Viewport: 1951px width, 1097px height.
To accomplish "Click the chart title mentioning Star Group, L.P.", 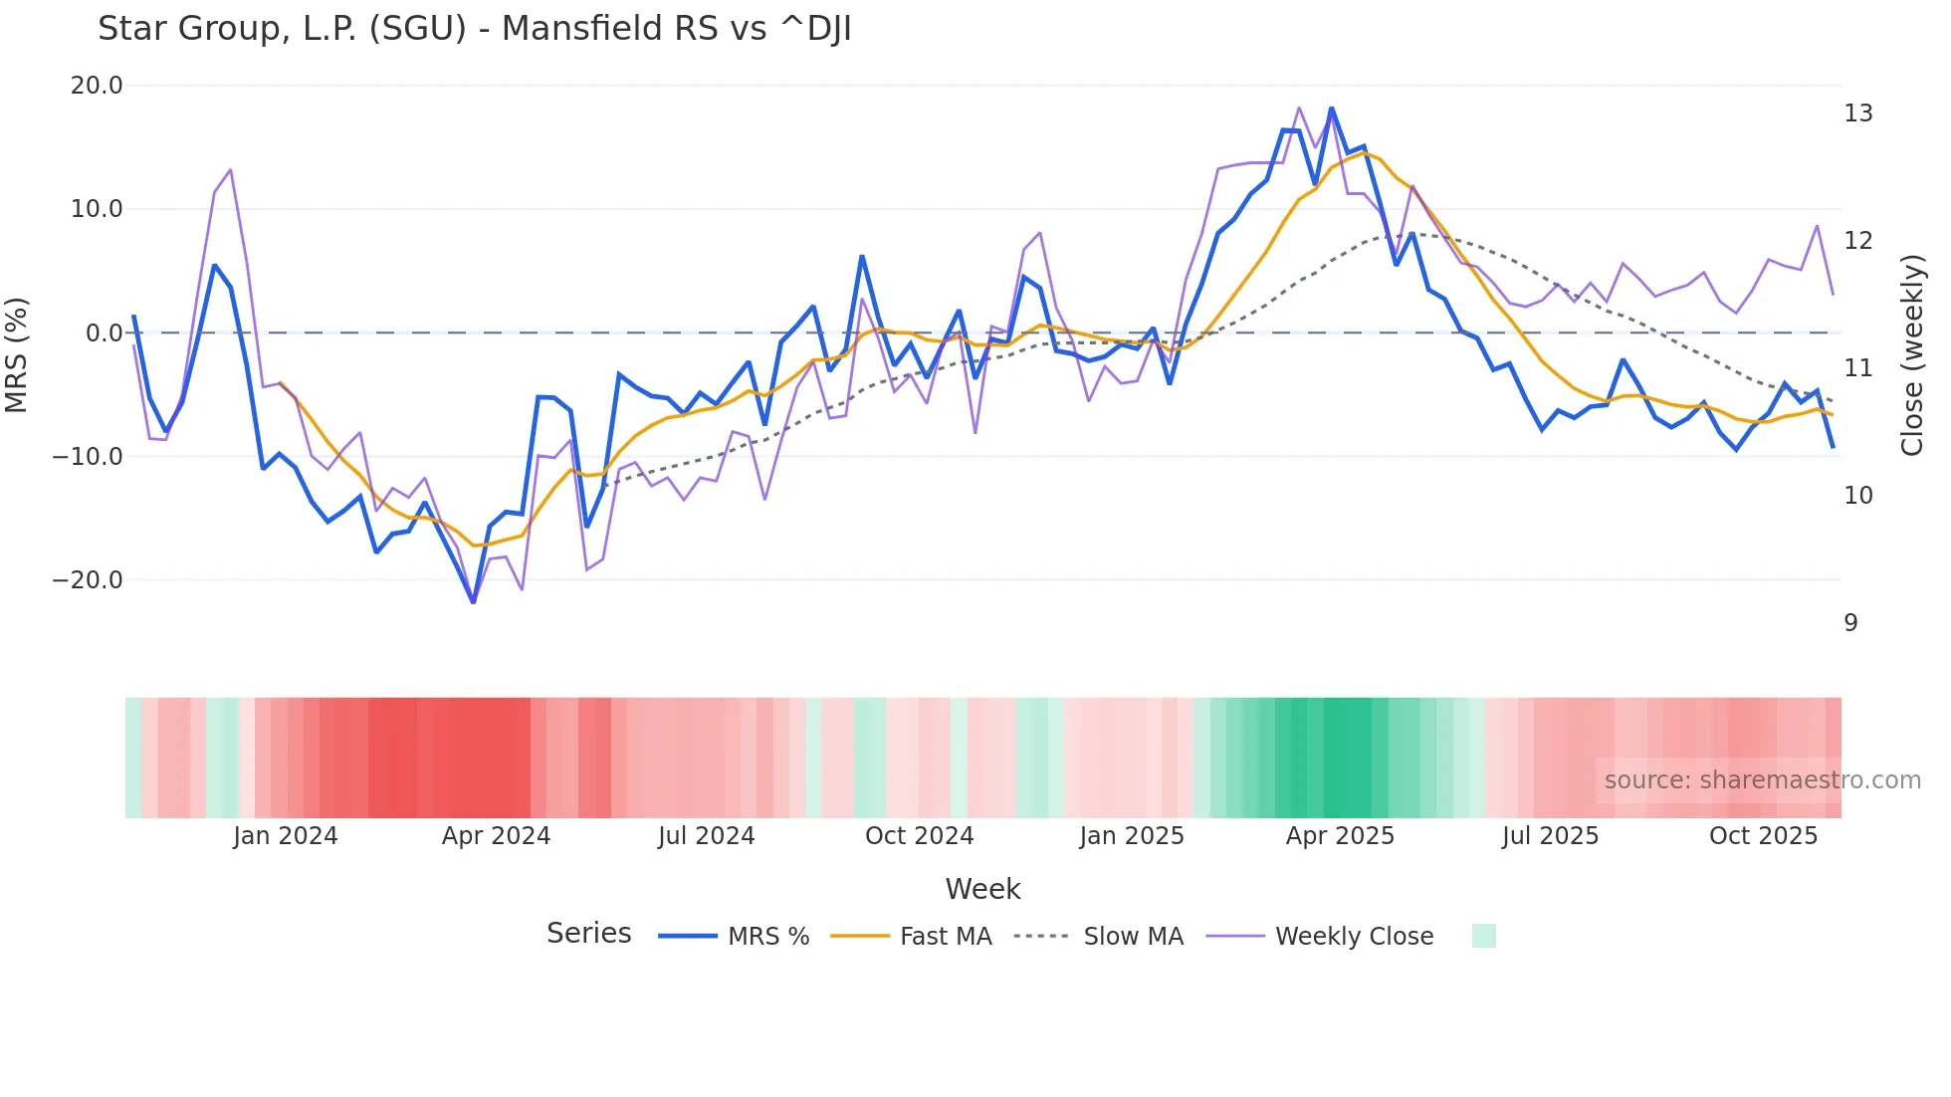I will click(474, 29).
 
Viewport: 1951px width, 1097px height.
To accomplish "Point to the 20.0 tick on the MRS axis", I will click(97, 86).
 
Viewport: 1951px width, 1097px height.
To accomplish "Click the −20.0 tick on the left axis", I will click(88, 580).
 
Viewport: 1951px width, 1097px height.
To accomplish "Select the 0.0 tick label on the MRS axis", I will click(104, 333).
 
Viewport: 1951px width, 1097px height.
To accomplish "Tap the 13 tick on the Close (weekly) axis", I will click(1857, 113).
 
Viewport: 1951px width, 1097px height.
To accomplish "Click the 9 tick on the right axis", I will click(1850, 623).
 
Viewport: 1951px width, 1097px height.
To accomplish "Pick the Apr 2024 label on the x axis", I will click(496, 836).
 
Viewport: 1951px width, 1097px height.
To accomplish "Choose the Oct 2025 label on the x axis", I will click(1763, 836).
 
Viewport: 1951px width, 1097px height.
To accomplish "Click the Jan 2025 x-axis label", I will click(1132, 836).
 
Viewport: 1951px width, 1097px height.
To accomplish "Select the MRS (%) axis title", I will click(17, 354).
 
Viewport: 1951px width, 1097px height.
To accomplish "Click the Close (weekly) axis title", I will click(1911, 355).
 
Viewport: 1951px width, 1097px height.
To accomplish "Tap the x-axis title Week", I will click(982, 889).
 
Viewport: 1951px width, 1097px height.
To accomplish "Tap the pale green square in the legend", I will click(1483, 936).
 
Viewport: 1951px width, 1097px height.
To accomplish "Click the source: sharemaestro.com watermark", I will click(1762, 780).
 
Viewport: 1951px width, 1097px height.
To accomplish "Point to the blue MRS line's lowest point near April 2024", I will click(473, 601).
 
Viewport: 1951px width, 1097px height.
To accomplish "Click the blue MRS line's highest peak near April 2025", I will click(1331, 109).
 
